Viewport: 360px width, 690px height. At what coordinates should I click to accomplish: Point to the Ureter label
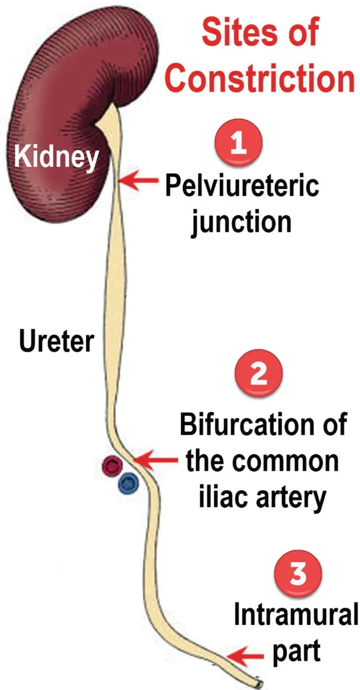coord(56,342)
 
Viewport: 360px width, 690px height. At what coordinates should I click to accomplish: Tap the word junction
coord(241,221)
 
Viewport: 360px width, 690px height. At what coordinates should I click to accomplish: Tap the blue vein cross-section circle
coord(128,480)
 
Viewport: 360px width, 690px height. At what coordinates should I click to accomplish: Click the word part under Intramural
coord(295,651)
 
